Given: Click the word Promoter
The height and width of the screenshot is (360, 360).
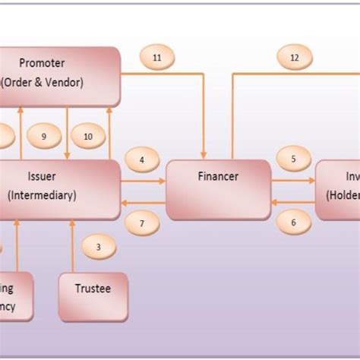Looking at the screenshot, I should pos(42,62).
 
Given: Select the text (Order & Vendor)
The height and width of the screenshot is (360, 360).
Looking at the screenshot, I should pos(42,81).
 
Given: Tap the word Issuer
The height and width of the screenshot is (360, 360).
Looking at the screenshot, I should pos(42,176).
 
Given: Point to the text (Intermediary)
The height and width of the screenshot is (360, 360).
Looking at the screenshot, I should pos(42,195).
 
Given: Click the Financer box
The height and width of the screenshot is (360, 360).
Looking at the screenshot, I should pos(218,189).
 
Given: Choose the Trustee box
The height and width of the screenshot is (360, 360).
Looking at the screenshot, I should pos(93,296).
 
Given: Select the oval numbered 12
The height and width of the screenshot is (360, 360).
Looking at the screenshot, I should pos(295,57).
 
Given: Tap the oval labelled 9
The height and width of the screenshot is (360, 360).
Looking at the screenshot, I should pos(44,137).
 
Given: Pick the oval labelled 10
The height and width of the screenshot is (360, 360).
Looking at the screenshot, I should pos(88,137).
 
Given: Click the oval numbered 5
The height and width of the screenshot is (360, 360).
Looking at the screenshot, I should pos(293,160).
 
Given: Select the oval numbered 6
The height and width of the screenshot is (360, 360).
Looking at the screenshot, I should pos(293,223).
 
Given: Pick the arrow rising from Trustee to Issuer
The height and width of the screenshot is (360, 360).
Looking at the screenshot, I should pos(71,247).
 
